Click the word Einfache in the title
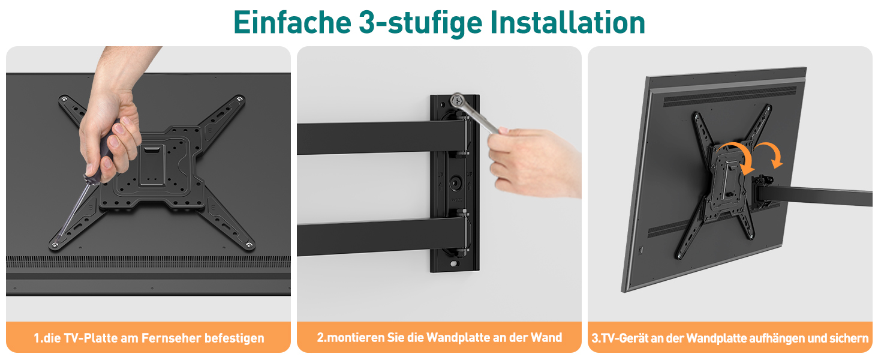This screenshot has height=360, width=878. click(293, 22)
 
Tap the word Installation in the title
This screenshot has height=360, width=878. click(567, 22)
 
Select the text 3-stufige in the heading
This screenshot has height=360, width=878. click(420, 23)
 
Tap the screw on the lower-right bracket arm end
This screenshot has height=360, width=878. click(249, 245)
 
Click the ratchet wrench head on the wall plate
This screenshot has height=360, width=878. click(458, 101)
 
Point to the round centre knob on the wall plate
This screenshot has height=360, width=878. click(455, 183)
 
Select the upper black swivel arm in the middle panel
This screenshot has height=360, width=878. click(382, 137)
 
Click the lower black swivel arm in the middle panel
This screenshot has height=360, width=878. click(382, 236)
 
